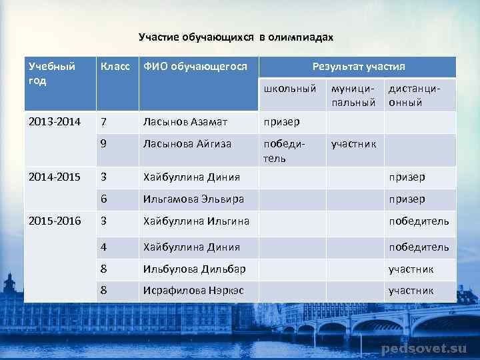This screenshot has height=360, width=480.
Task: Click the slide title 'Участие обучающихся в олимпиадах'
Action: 235,37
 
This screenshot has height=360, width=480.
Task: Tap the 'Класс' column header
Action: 115,67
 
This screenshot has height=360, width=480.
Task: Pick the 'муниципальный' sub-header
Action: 354,95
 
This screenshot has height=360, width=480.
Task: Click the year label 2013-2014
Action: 54,123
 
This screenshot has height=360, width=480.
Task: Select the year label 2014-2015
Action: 54,177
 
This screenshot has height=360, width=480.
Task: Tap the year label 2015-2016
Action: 54,221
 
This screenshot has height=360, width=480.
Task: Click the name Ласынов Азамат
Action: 185,123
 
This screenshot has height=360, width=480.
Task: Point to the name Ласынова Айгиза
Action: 187,144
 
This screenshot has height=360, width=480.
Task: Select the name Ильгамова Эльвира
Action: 193,199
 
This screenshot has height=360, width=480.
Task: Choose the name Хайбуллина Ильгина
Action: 196,221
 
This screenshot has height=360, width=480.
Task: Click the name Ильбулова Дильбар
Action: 194,269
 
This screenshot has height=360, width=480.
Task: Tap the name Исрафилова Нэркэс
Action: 193,291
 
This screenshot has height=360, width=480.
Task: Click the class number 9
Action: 104,144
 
